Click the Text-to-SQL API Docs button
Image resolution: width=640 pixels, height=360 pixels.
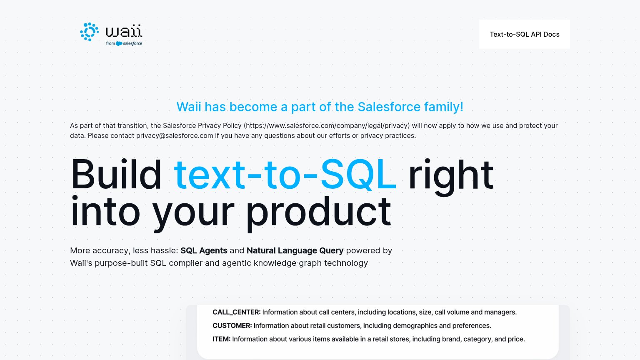pos(524,34)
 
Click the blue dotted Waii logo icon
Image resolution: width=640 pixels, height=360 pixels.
pos(90,32)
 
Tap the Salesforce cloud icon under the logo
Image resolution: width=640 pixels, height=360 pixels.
pos(119,43)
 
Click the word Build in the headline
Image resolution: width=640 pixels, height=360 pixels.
pos(116,175)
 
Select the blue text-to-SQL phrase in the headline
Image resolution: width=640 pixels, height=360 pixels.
pos(285,175)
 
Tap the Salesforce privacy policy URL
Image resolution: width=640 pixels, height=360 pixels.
pos(327,126)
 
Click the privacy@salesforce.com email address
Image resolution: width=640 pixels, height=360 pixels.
pos(175,136)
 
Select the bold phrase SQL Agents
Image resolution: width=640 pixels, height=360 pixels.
pos(204,250)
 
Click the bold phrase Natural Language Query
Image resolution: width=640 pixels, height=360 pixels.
pos(295,251)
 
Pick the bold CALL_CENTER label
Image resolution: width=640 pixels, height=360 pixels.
pos(237,312)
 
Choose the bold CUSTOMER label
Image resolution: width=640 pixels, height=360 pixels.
pos(232,326)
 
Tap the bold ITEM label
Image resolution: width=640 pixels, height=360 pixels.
pos(221,339)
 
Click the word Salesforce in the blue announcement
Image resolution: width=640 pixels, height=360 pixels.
pos(389,107)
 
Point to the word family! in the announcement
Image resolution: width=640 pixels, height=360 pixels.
pos(443,107)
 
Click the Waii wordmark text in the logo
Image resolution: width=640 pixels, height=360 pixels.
pos(124,31)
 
